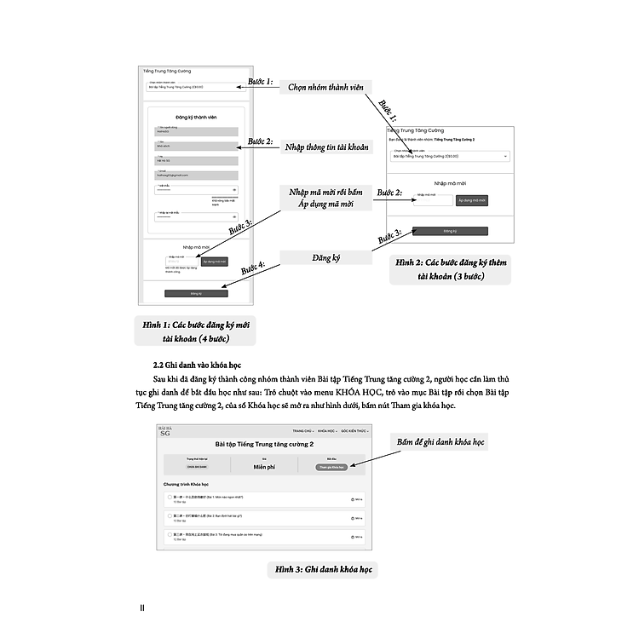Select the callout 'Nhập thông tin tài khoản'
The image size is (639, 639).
[327, 147]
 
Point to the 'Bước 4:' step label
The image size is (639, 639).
[252, 269]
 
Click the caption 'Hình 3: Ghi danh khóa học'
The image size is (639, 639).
[324, 569]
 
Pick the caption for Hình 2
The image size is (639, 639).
[449, 270]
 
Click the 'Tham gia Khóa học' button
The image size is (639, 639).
[331, 467]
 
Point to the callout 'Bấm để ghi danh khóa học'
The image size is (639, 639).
[440, 443]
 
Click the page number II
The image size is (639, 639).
[144, 607]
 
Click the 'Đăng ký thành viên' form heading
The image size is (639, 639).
[197, 118]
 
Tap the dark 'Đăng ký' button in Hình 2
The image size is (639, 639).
[450, 231]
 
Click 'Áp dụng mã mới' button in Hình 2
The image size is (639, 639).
[472, 201]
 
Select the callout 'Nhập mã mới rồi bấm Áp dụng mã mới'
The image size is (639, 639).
[327, 198]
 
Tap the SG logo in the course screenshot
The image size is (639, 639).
[165, 433]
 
